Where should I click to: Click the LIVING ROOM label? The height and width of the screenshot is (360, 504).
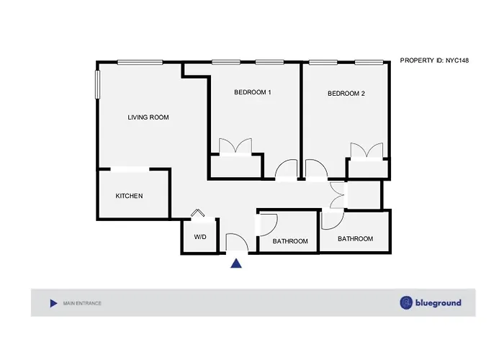pos(148,117)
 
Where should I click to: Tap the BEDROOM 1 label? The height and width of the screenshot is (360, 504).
pos(252,92)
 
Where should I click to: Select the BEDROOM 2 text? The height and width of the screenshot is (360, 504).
pos(346,94)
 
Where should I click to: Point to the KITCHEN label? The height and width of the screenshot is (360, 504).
pos(129,196)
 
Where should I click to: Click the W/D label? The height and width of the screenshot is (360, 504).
pos(200,237)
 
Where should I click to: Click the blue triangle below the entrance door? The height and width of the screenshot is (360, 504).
pos(236,264)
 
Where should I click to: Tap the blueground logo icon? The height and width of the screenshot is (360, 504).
pos(406,303)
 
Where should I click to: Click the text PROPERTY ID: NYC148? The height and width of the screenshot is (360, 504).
pos(434,60)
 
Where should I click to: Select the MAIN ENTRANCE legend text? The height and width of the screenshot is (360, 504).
pos(82,303)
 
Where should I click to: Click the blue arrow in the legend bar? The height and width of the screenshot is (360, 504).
pos(54,303)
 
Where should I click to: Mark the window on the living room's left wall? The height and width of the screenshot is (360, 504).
pos(98,84)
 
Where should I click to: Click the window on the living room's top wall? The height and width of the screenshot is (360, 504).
pos(140,62)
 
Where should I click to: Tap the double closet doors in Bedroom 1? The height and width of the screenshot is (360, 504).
pos(235,147)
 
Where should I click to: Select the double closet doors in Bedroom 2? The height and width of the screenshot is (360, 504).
pos(366,150)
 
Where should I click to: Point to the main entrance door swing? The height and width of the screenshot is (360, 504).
pos(237,242)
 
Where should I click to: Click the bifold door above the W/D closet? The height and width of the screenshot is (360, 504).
pos(198,213)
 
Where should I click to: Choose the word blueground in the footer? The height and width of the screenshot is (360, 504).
pos(438,303)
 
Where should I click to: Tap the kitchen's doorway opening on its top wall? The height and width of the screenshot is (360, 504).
pos(130,169)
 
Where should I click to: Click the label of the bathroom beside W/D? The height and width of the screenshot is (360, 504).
pos(290,241)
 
